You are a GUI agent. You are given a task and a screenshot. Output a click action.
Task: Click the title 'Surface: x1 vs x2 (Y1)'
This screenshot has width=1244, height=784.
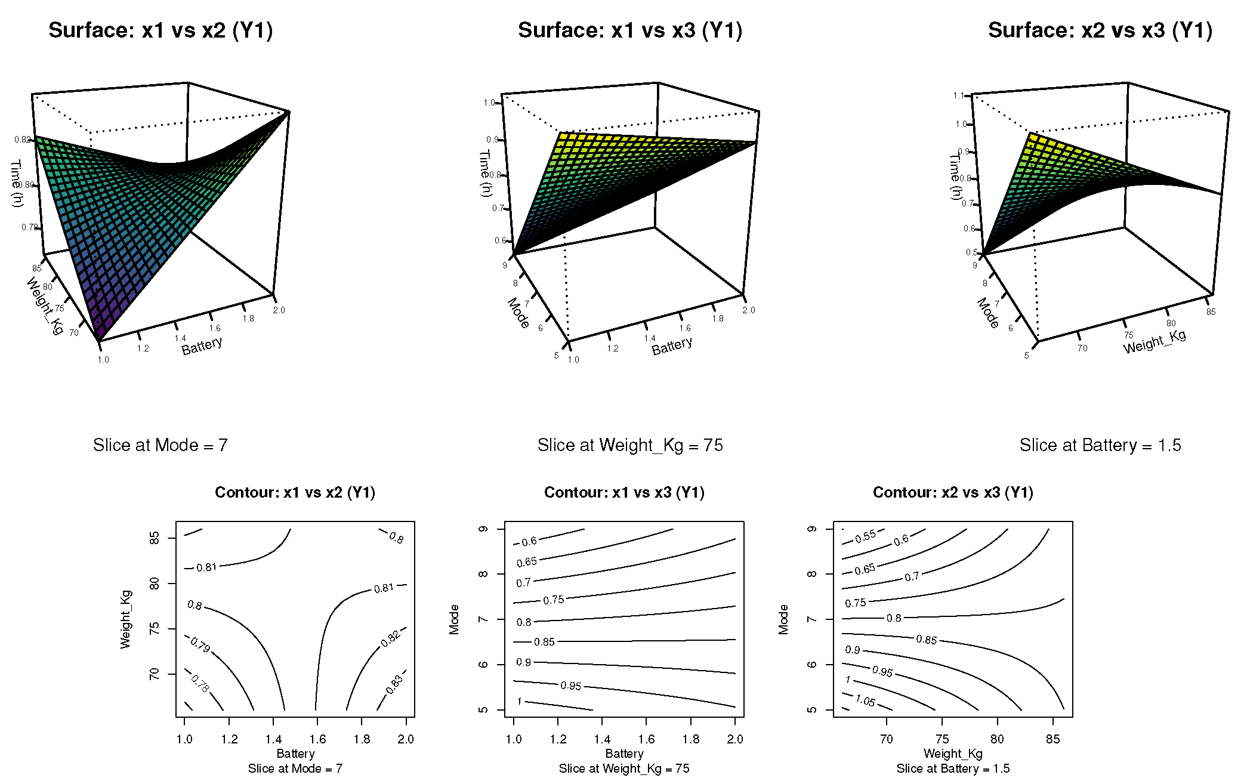[160, 30]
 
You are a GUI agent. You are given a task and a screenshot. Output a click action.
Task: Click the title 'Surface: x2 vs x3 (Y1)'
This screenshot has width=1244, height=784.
[1100, 30]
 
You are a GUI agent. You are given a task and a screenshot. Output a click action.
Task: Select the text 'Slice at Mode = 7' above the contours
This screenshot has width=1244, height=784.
[160, 445]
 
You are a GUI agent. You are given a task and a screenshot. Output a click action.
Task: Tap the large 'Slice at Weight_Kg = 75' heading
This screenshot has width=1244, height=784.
[629, 445]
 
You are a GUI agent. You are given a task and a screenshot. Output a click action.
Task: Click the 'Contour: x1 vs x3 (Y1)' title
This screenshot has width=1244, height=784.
[624, 492]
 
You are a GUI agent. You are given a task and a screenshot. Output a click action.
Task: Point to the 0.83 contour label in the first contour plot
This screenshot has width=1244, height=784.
[394, 684]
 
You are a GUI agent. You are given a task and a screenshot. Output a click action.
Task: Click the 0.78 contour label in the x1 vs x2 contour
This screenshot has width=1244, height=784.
[200, 683]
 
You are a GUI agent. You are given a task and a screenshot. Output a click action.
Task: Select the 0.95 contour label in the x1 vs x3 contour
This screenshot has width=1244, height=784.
[570, 686]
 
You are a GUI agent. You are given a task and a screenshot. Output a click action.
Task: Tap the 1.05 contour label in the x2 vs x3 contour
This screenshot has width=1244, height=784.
[865, 700]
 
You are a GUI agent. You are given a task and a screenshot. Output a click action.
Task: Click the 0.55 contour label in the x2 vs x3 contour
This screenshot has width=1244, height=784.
[865, 536]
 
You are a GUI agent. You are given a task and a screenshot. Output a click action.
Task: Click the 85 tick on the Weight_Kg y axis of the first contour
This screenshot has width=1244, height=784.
[155, 538]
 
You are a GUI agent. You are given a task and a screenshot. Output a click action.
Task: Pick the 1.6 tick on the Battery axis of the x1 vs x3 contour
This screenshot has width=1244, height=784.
[646, 739]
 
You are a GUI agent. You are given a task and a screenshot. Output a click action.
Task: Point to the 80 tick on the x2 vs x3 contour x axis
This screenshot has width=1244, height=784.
[997, 739]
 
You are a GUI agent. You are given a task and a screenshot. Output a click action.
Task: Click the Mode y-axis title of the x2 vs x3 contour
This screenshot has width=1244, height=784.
[783, 619]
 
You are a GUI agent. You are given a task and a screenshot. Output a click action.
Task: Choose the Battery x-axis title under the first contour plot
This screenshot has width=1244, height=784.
[295, 754]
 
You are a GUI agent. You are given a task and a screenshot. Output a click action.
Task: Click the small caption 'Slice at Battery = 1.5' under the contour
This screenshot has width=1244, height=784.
[953, 768]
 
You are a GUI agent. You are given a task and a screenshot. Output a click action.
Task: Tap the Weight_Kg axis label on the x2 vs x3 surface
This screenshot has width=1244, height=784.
[1154, 342]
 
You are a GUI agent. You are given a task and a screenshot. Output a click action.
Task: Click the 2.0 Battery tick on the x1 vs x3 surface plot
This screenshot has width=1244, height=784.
[749, 310]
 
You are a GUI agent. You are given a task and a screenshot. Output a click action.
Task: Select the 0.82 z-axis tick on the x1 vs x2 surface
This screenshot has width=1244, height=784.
[22, 140]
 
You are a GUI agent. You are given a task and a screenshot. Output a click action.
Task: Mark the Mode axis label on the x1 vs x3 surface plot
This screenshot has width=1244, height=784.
[518, 313]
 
